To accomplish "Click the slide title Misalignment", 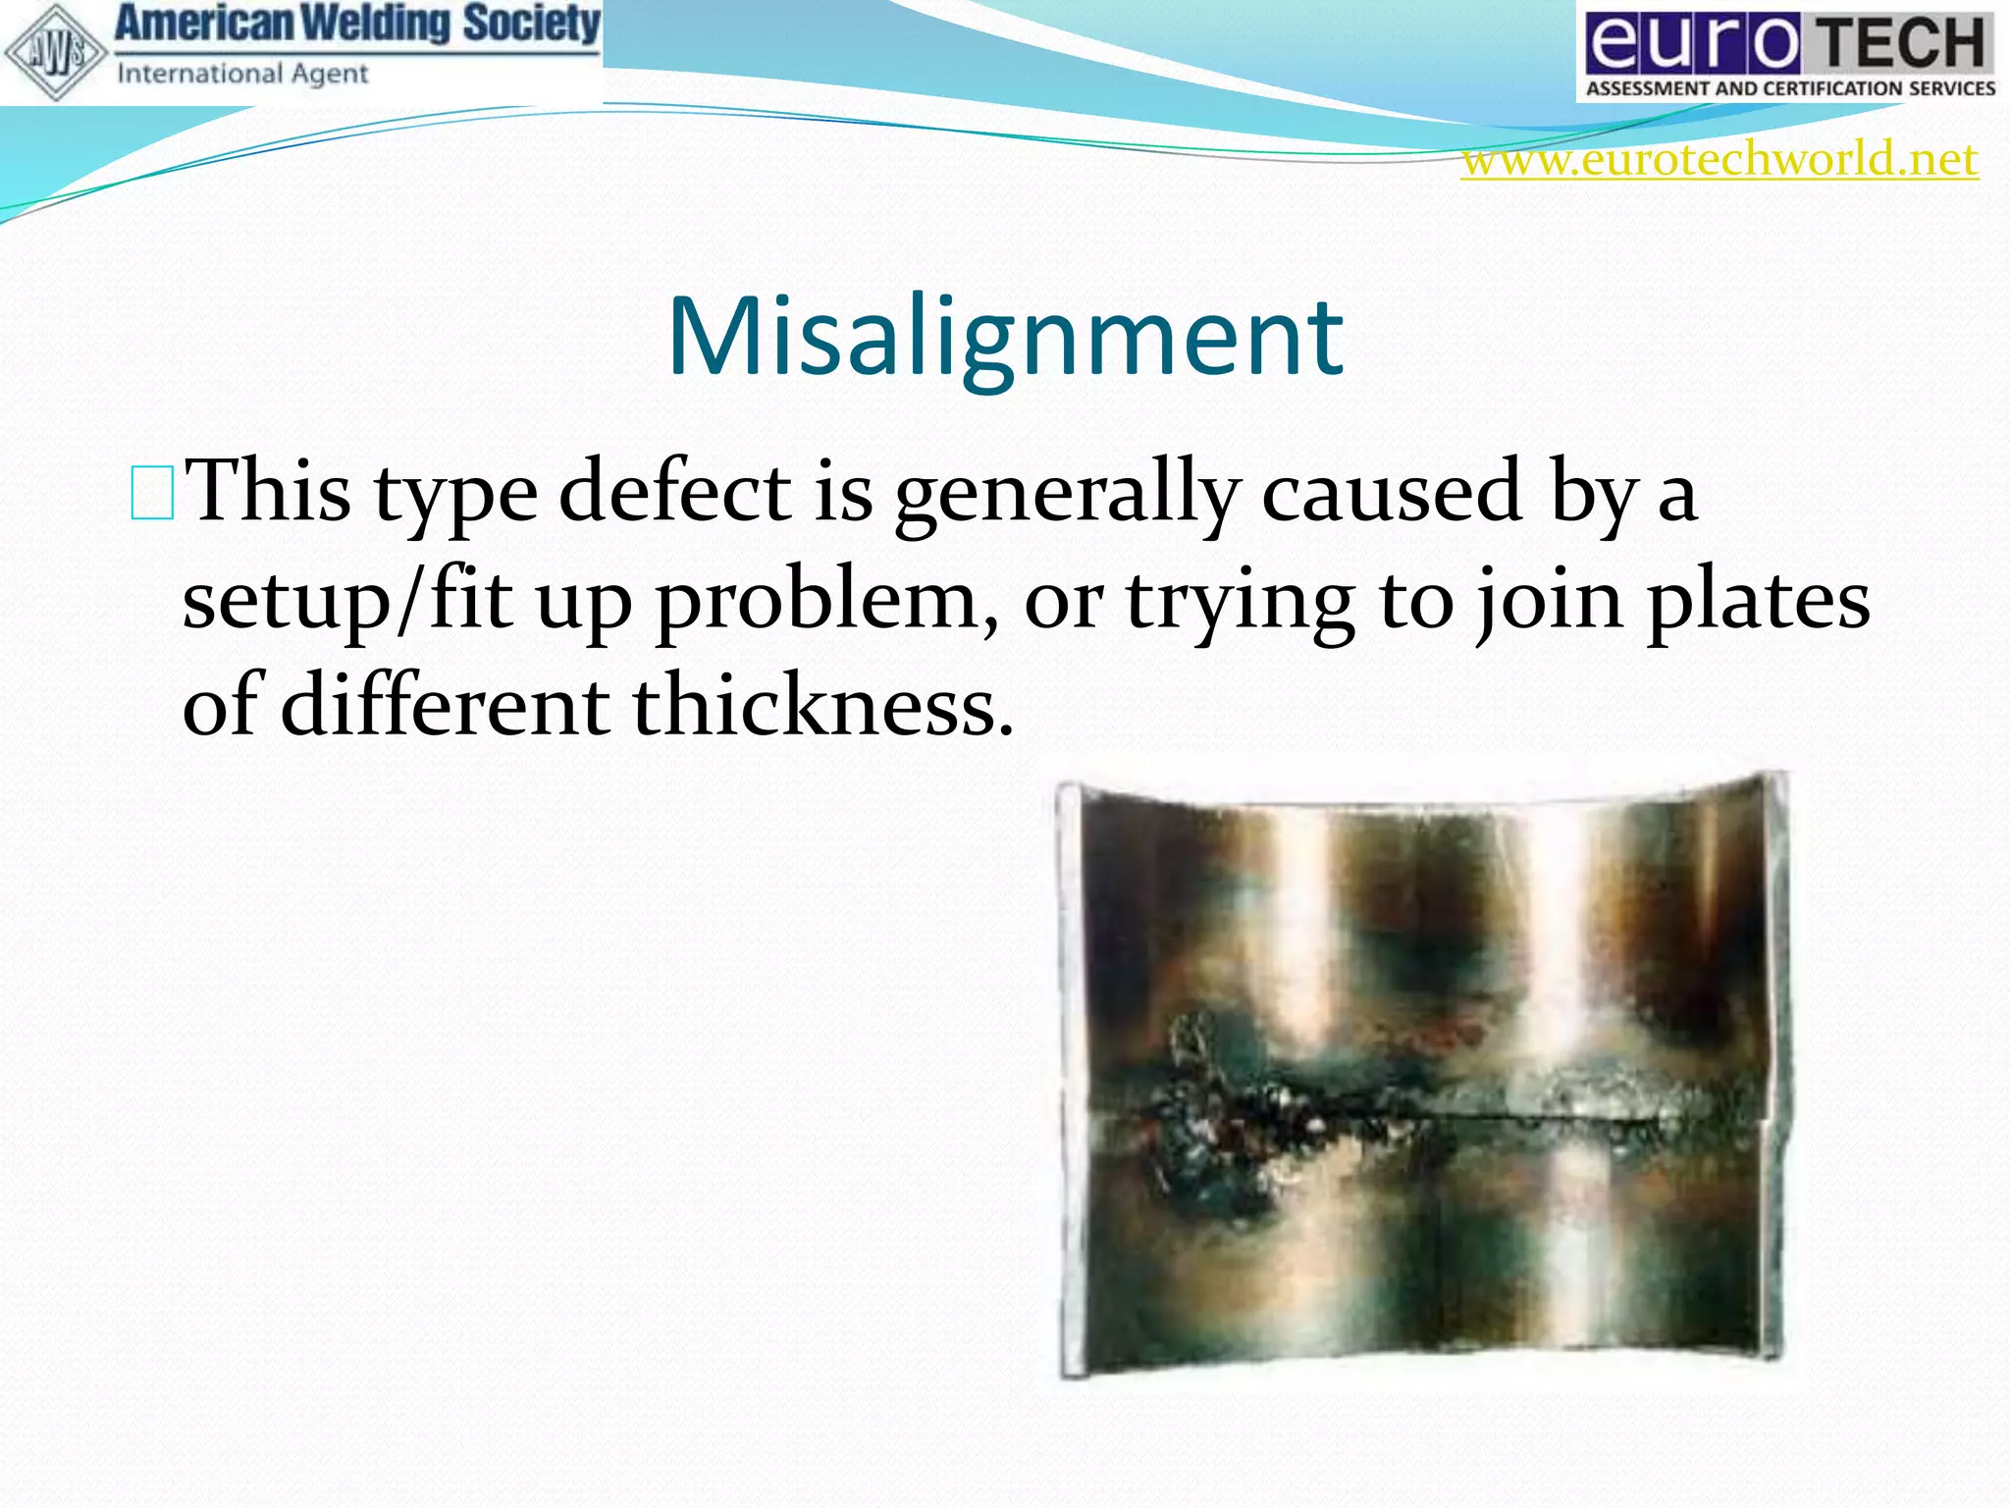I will pos(1005,336).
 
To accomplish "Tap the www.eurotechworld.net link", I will pos(1719,160).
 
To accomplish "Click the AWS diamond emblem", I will pos(54,53).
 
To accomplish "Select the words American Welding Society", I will pos(357,24).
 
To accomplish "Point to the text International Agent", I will pos(241,75).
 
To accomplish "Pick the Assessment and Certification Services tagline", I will pos(1790,88).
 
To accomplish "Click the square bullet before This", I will pos(152,494).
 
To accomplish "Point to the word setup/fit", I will pos(347,601).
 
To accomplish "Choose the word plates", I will pos(1758,601).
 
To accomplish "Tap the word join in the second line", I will pos(1550,601).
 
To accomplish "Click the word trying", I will pos(1240,601).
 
